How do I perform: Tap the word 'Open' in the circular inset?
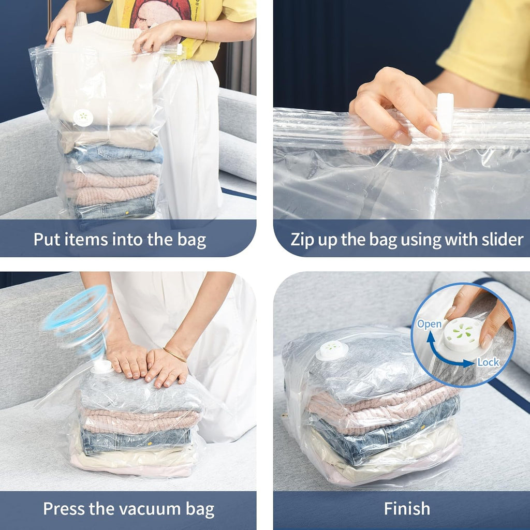click(429, 324)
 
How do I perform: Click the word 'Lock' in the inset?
click(488, 362)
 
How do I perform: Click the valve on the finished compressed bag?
click(332, 351)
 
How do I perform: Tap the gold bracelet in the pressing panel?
click(175, 355)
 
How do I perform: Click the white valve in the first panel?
click(83, 117)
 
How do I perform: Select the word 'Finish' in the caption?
click(407, 508)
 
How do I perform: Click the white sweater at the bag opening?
click(104, 78)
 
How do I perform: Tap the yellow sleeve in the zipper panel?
click(487, 47)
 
